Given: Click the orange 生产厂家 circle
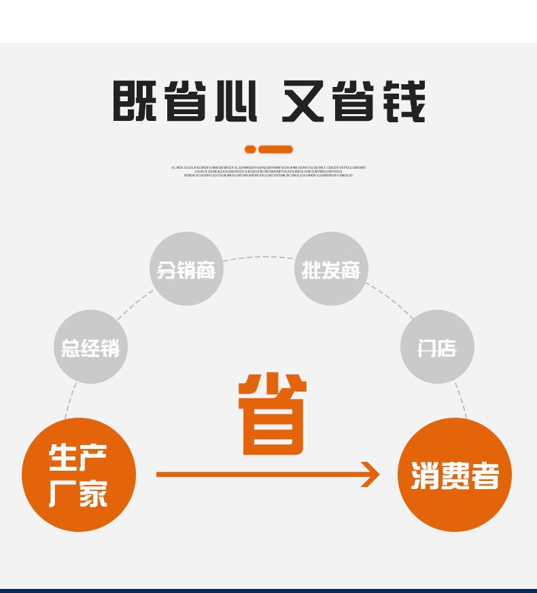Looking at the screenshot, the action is point(78,475).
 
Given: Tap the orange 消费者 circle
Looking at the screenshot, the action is point(454,475).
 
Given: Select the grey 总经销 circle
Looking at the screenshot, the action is point(90,347).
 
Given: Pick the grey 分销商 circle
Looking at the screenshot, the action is point(186,269).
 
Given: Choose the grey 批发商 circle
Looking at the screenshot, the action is point(331,269).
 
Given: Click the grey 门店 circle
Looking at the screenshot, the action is point(437,347).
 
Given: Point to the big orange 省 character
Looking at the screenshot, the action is point(272,414).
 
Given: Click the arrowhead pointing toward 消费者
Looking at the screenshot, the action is point(370,474).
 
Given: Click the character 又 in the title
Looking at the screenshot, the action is point(304,102).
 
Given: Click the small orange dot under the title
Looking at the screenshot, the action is point(250,149).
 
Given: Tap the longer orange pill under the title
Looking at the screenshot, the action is point(275,149).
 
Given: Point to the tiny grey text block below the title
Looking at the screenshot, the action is point(268,170).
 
